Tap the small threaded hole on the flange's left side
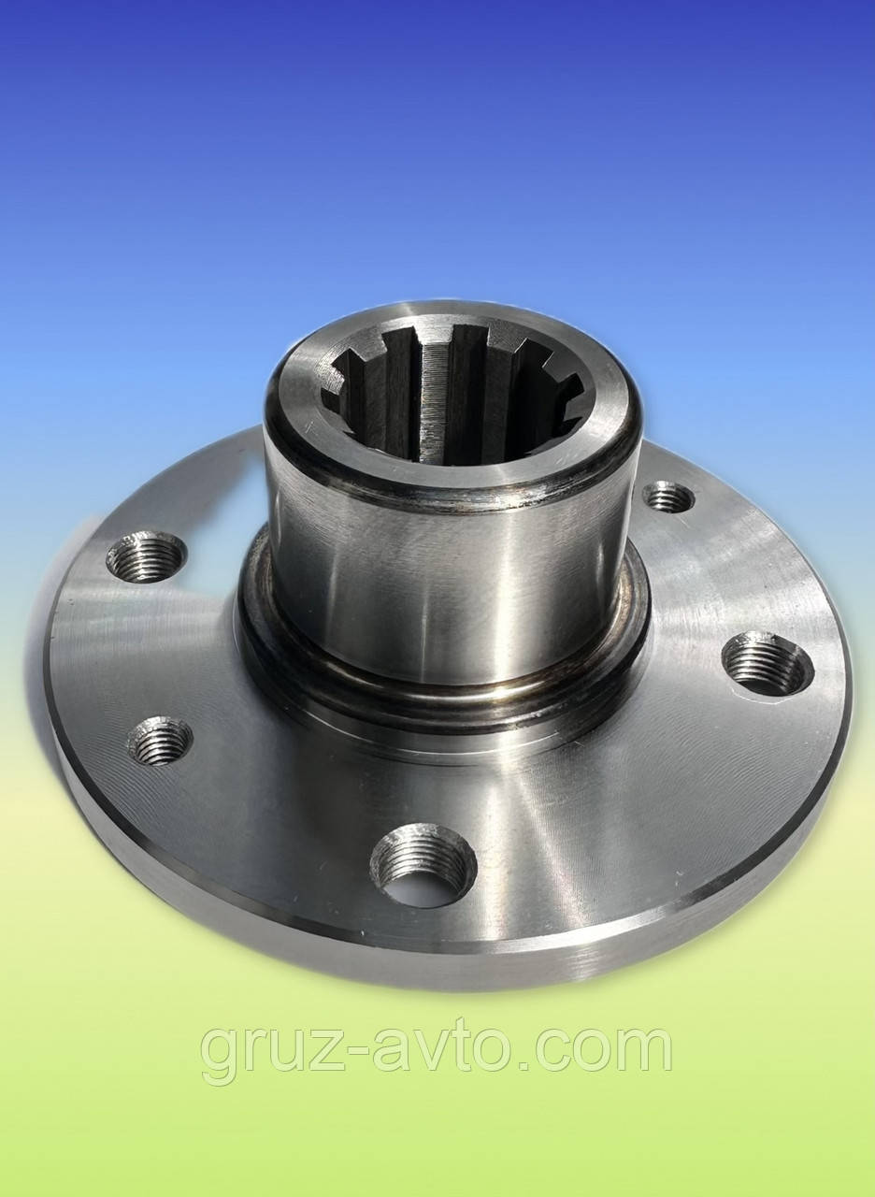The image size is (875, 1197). pos(160,741)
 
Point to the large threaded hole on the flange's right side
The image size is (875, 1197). pos(767,663)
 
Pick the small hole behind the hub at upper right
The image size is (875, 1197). pos(669,497)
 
